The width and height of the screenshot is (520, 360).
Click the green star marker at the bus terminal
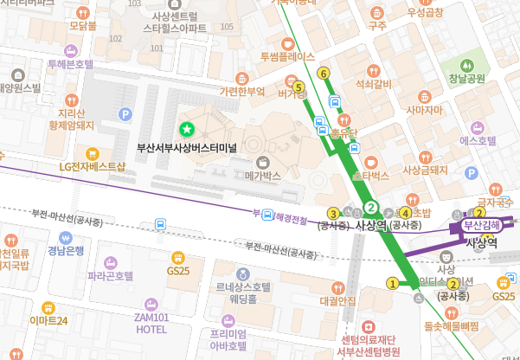(x=185, y=130)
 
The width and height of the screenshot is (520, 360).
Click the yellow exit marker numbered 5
(x=299, y=87)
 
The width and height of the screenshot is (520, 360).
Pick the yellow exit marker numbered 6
(x=324, y=74)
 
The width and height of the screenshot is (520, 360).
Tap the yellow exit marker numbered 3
(x=332, y=213)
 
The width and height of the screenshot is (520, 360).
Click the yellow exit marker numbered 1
(x=392, y=283)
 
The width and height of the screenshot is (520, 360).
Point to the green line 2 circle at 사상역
(x=371, y=208)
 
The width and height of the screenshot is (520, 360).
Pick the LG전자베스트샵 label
(x=92, y=166)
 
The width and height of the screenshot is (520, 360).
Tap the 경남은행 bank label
(x=66, y=251)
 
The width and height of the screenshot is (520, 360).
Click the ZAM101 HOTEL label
(x=151, y=323)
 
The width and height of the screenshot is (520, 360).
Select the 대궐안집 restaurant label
(x=337, y=301)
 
